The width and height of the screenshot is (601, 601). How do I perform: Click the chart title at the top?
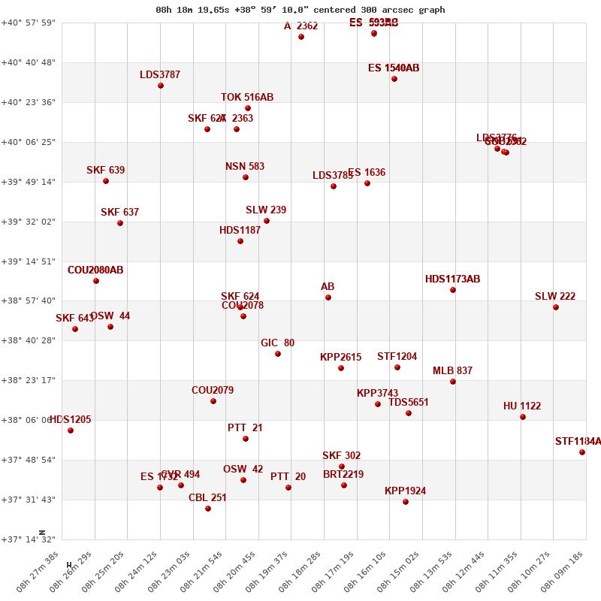[x=300, y=10]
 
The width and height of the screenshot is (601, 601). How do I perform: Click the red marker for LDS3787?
[x=161, y=86]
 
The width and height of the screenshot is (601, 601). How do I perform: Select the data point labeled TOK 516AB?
[x=248, y=108]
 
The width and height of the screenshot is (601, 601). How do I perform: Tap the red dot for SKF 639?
[x=106, y=181]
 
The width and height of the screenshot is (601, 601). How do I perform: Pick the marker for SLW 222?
[x=556, y=307]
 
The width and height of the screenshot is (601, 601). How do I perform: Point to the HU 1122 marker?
[x=523, y=417]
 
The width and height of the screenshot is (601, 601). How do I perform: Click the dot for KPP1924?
[x=406, y=502]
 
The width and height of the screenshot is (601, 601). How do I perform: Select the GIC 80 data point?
[x=278, y=354]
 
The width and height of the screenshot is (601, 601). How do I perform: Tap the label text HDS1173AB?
[x=452, y=279]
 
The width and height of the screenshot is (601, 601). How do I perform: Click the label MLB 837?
[x=452, y=371]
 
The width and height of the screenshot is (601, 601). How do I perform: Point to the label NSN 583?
[x=245, y=167]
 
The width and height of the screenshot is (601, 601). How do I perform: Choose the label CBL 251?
[x=207, y=497]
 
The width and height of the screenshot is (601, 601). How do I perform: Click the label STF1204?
[x=397, y=357]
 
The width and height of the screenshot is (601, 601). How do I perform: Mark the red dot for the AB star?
[x=328, y=297]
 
